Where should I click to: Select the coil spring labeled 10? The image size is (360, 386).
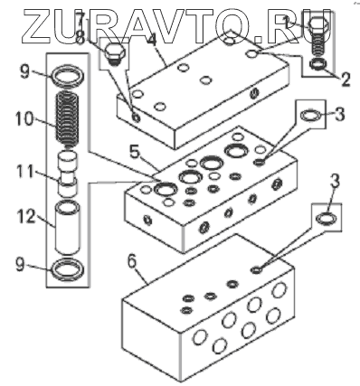68,119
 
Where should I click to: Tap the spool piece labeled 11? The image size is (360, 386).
68,174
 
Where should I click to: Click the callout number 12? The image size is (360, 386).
26,216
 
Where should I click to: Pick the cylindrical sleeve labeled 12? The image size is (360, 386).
68,229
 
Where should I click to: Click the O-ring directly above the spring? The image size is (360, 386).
68,75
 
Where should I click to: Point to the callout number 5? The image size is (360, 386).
136,153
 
